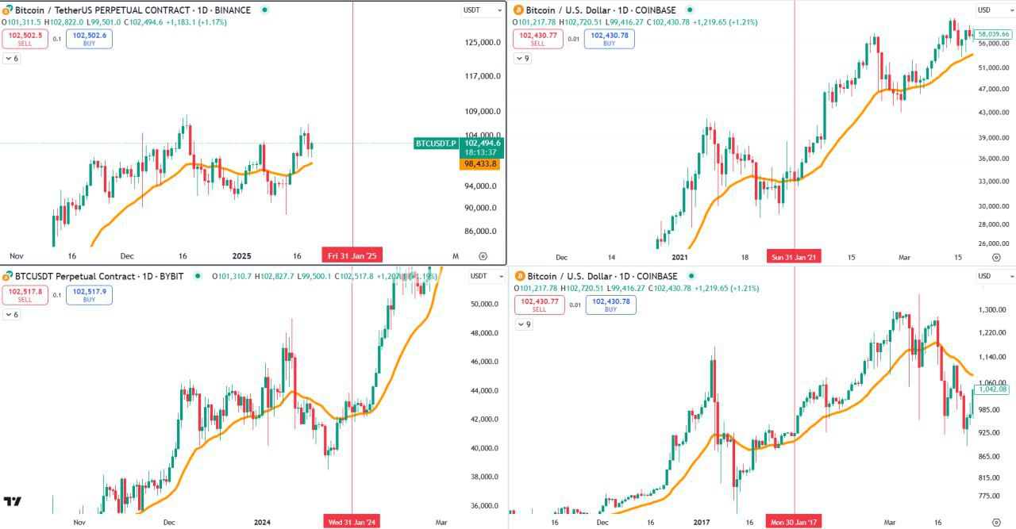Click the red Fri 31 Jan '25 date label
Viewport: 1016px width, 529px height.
pos(352,256)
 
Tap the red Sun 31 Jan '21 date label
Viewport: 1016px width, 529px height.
pos(794,257)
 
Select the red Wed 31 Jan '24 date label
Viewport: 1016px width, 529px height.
pos(352,522)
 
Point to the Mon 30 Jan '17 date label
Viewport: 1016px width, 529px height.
pos(794,522)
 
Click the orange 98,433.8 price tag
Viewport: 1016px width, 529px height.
pos(479,163)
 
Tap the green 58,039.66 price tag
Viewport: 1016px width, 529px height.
pos(993,34)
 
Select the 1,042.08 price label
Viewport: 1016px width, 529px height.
pos(993,389)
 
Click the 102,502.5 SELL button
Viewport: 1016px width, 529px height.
pos(25,39)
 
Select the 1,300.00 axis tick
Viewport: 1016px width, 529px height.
pos(991,309)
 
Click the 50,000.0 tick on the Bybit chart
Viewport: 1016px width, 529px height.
pos(483,304)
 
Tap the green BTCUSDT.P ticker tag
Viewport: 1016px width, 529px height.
pos(436,144)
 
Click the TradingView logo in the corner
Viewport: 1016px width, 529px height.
pos(12,501)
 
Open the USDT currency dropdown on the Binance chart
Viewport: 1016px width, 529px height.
pos(483,10)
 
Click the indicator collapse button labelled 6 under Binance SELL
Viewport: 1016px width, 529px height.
pos(12,59)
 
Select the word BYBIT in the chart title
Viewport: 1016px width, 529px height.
pos(171,276)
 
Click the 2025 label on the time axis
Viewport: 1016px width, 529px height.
pos(241,256)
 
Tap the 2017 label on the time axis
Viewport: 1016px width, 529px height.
pos(700,522)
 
